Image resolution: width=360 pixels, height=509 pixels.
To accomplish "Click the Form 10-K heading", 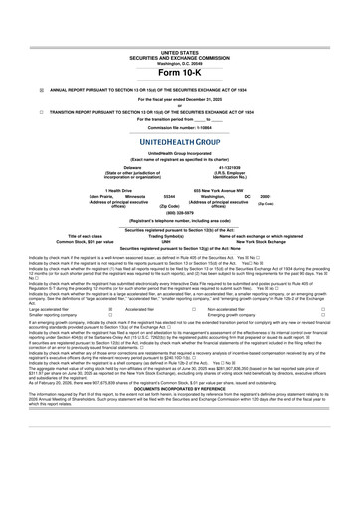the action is click(x=179, y=73).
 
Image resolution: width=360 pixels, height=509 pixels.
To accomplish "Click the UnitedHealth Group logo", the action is click(x=179, y=142).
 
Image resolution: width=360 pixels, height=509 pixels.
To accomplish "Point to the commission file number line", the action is click(x=179, y=128).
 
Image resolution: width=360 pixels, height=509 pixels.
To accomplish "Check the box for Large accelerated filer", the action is click(x=108, y=309).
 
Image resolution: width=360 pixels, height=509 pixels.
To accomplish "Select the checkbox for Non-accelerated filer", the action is click(x=350, y=309).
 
